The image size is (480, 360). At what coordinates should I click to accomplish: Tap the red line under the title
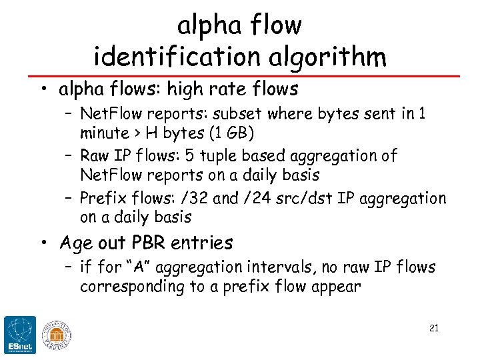click(x=240, y=75)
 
